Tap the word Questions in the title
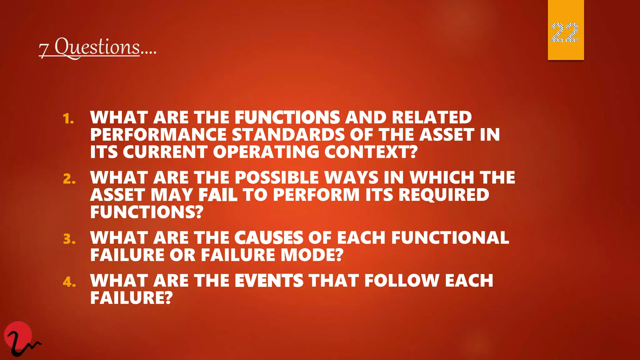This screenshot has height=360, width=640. pyautogui.click(x=97, y=47)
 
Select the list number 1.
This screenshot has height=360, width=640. pyautogui.click(x=68, y=119)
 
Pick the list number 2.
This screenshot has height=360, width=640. pyautogui.click(x=69, y=179)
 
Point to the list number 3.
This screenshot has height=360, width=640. pyautogui.click(x=69, y=239)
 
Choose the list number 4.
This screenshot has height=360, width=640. pyautogui.click(x=69, y=282)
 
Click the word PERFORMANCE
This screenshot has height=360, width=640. pyautogui.click(x=158, y=135)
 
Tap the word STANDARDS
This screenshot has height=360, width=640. pyautogui.click(x=288, y=135)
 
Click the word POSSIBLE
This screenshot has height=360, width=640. pyautogui.click(x=276, y=177)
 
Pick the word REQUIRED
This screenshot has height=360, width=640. pyautogui.click(x=444, y=195)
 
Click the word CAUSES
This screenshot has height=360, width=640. pyautogui.click(x=269, y=238)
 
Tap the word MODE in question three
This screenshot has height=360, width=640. pyautogui.click(x=312, y=255)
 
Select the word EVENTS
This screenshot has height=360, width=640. pyautogui.click(x=269, y=280)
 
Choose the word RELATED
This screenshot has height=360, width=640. pyautogui.click(x=432, y=117)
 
